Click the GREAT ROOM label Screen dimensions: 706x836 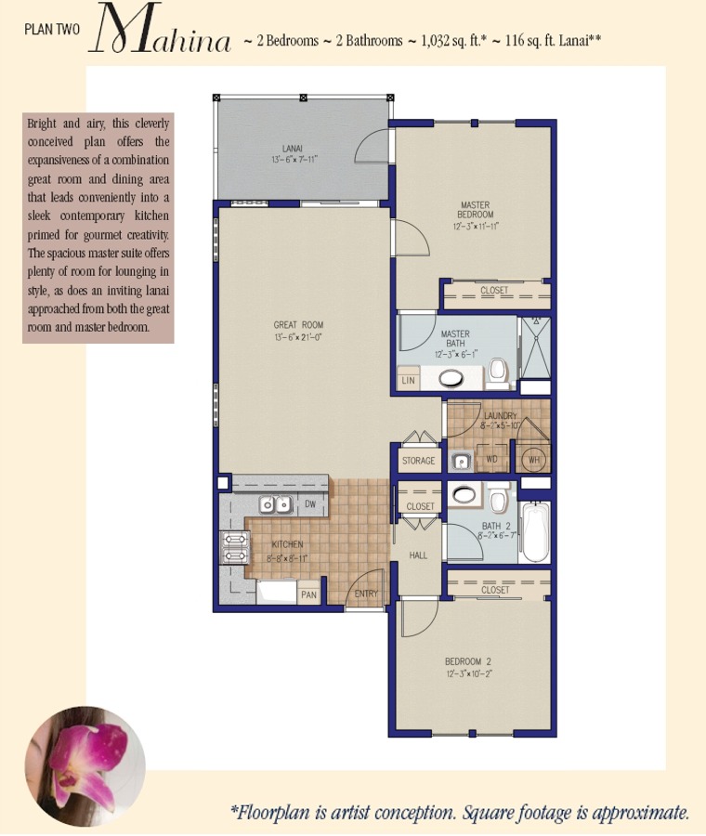pos(298,325)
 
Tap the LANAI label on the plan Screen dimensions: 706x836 pos(293,149)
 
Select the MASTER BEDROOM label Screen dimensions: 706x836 pos(475,210)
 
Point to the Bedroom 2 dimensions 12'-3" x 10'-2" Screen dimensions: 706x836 pos(469,674)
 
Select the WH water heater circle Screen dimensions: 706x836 pos(534,460)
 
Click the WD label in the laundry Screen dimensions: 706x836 pos(491,459)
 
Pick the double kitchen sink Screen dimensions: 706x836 pos(276,503)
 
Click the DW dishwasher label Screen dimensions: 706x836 pos(310,503)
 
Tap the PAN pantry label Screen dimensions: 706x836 pos(308,594)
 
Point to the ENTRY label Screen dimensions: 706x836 pos(366,594)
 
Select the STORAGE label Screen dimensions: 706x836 pos(419,461)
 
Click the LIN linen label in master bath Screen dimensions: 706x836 pos(408,381)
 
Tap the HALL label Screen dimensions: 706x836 pos(418,555)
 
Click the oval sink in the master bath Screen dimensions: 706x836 pos(451,379)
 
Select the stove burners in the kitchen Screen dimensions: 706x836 pos(235,547)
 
